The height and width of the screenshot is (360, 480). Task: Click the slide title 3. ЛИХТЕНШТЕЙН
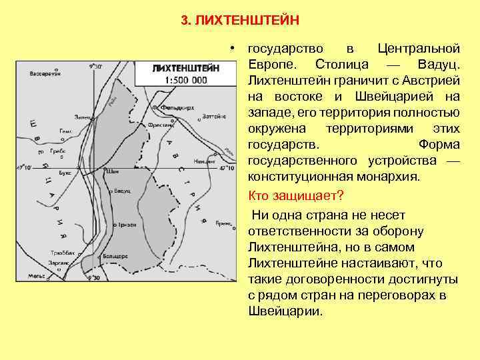[x=240, y=20]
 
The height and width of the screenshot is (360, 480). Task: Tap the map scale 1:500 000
[x=180, y=80]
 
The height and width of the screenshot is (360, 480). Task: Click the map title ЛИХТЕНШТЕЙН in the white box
[x=180, y=69]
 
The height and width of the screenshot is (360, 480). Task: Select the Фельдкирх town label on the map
[x=172, y=107]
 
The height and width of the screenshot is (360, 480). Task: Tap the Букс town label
[x=65, y=172]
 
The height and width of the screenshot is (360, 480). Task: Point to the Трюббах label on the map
[x=63, y=253]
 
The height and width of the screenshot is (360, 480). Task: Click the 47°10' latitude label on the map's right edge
[x=225, y=169]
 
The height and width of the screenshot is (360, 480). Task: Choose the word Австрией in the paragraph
[x=433, y=81]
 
